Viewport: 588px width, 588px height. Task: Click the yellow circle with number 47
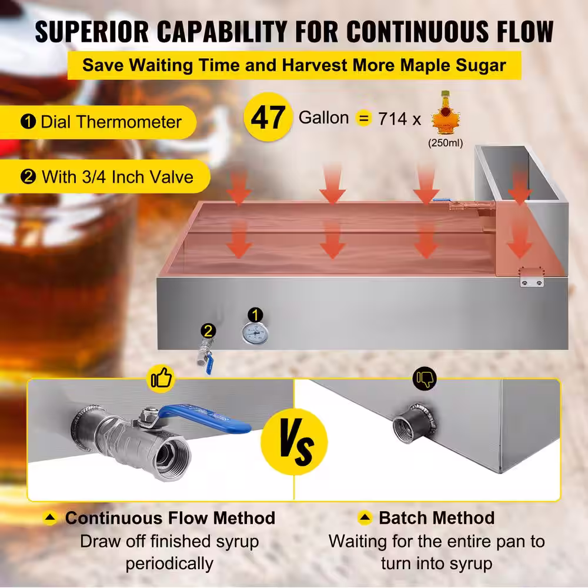(x=268, y=117)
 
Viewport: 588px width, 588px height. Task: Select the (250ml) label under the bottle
(x=446, y=143)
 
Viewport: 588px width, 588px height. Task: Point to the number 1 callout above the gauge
(x=255, y=315)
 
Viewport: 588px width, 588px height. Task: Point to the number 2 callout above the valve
(x=208, y=330)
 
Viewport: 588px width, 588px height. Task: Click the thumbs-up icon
(x=162, y=378)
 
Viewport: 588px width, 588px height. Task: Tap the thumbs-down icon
(x=425, y=378)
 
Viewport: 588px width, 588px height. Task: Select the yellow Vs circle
(x=295, y=442)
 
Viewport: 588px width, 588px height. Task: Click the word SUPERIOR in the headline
(x=92, y=32)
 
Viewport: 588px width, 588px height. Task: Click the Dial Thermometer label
(x=111, y=122)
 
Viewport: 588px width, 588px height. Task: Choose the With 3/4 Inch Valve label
(x=118, y=176)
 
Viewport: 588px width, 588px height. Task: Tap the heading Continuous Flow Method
(x=171, y=518)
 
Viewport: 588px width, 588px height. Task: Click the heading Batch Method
(x=436, y=518)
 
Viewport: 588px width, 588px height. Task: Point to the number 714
(x=392, y=119)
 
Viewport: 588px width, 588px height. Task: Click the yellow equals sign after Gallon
(x=363, y=118)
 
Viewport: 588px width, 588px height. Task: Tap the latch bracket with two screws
(x=532, y=278)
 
